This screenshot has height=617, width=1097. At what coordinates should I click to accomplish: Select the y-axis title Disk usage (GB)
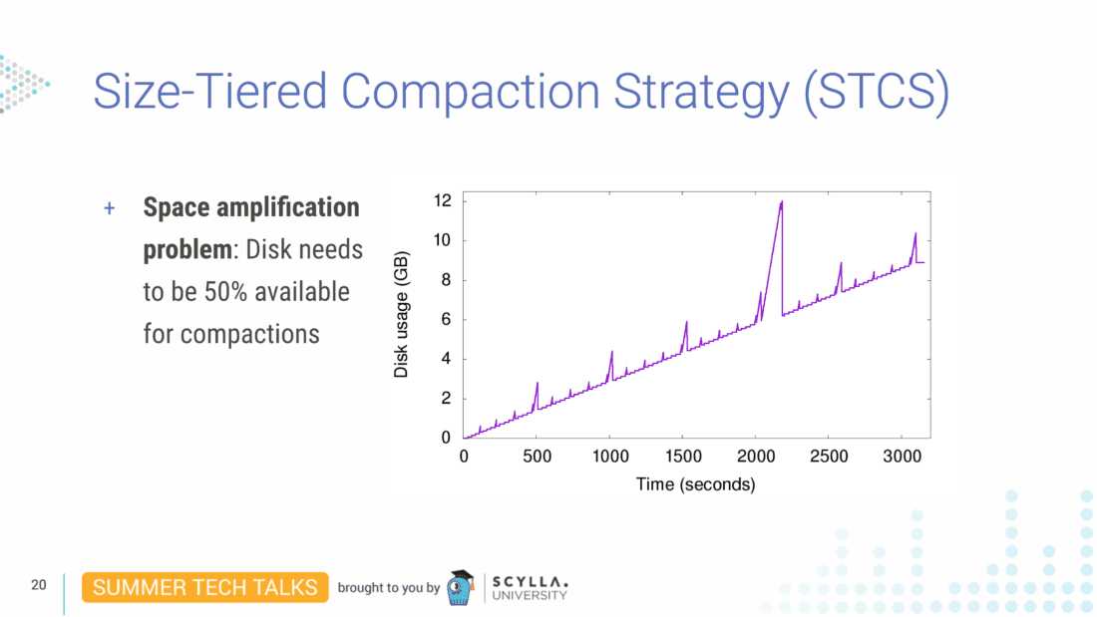click(401, 314)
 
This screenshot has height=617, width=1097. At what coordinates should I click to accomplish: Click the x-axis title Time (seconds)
click(695, 484)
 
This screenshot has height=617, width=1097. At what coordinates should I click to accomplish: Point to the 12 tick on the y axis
click(442, 201)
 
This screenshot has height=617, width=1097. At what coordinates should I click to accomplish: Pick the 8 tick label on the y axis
click(446, 280)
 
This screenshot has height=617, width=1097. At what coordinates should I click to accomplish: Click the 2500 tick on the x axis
click(829, 457)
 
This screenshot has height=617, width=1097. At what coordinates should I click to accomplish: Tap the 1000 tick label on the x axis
click(609, 457)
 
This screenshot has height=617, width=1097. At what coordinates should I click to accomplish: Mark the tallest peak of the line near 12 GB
click(782, 202)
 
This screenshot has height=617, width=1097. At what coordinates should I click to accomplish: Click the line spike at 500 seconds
click(537, 384)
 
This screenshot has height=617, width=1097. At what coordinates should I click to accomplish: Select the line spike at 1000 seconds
click(611, 352)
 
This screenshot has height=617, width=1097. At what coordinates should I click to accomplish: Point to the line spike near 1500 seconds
click(686, 323)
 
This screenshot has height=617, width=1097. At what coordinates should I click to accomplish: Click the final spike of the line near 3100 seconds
click(914, 235)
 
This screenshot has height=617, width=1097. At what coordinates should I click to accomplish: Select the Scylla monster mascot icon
click(460, 588)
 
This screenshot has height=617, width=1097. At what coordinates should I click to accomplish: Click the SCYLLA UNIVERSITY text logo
click(530, 588)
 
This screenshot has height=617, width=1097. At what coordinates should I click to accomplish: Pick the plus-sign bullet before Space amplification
click(110, 208)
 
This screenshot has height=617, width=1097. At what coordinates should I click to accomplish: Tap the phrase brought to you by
click(388, 588)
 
